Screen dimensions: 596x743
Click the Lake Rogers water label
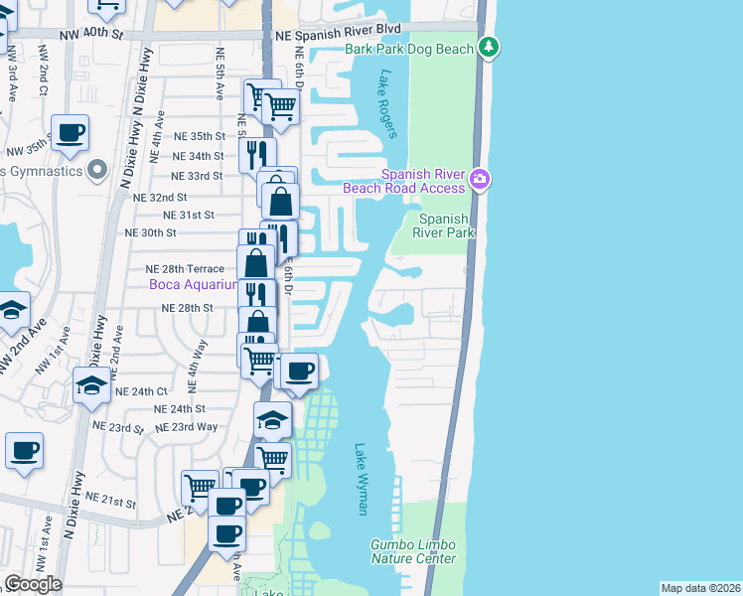387,103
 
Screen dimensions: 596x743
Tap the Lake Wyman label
361,479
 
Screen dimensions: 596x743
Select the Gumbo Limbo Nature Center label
413,551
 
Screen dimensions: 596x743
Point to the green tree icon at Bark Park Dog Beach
488,48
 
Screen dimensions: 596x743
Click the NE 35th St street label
200,136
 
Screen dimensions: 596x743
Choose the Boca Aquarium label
193,285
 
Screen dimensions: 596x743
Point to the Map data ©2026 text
699,588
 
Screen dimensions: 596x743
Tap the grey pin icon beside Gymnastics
96,172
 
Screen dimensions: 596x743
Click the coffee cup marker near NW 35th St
71,133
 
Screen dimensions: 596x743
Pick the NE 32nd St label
160,198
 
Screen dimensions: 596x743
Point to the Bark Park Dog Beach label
410,49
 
